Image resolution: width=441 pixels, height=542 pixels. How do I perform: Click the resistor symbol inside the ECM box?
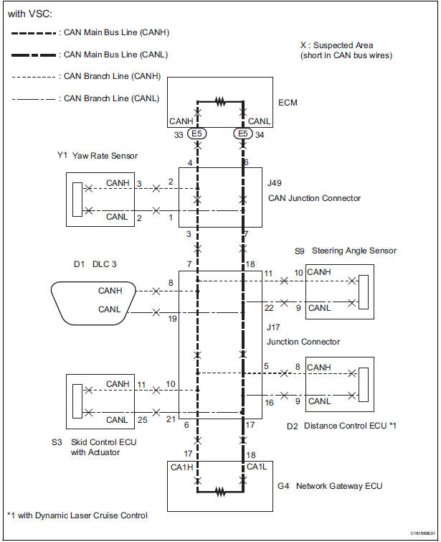[x=220, y=102]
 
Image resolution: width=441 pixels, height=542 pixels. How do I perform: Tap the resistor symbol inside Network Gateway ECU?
[x=220, y=491]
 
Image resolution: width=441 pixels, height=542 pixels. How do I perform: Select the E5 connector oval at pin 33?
[x=197, y=134]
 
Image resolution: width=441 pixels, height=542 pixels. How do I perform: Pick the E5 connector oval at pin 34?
[x=243, y=134]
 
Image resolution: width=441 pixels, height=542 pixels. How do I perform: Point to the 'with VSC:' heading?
[x=30, y=14]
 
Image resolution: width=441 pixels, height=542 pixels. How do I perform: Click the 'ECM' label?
[x=288, y=103]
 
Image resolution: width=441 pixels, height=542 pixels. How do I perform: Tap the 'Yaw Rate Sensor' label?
[x=105, y=156]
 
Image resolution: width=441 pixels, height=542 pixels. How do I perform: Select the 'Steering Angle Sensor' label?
[x=354, y=251]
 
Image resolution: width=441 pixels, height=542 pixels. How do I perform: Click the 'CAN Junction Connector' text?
[x=314, y=198]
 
